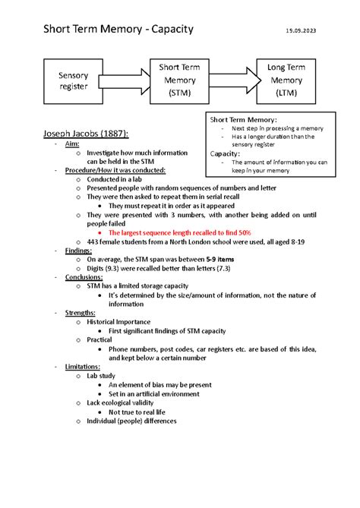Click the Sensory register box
tap(68, 80)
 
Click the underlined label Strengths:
tap(80, 313)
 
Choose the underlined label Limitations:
tap(83, 366)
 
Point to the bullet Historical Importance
tap(118, 322)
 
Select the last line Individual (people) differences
tap(131, 421)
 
